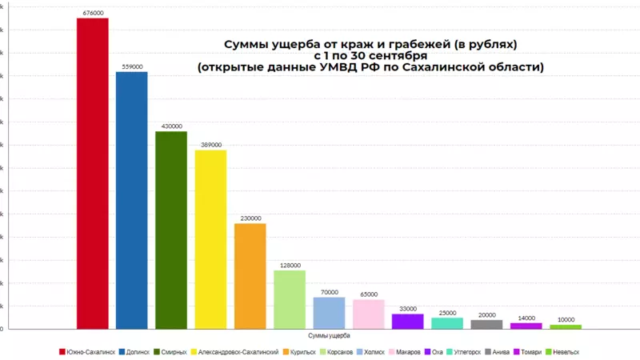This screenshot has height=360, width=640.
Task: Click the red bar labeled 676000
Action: click(92, 173)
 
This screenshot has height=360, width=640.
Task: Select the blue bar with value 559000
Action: click(131, 200)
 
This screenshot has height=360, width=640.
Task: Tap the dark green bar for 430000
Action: click(171, 230)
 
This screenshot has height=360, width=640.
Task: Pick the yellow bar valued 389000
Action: click(210, 239)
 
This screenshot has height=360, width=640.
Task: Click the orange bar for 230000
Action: click(250, 276)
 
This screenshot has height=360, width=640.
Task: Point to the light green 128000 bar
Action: click(290, 299)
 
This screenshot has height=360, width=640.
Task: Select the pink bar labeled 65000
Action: click(368, 314)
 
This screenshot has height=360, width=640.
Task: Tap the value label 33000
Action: click(407, 309)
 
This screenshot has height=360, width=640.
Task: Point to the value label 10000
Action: click(566, 320)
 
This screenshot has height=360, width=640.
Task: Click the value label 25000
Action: click(447, 313)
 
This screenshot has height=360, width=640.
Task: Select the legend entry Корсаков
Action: click(338, 352)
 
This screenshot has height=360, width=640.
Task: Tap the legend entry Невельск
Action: click(563, 352)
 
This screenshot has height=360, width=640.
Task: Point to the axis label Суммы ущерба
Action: click(328, 336)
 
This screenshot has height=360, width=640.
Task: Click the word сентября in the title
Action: click(392, 56)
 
